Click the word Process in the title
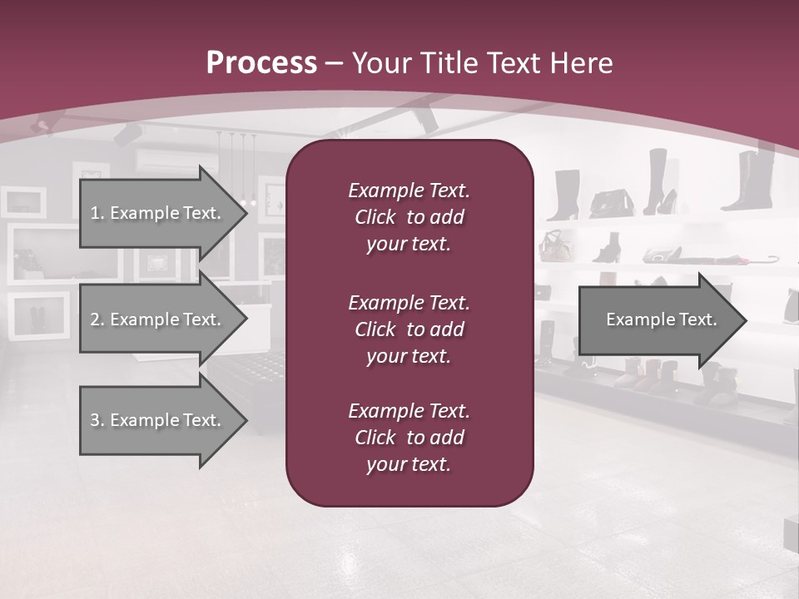(261, 62)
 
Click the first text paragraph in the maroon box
(409, 217)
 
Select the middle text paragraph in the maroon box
(409, 329)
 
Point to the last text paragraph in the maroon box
(409, 438)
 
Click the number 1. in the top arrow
(97, 213)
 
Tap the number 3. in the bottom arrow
(97, 420)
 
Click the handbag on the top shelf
(611, 202)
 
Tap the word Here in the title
(583, 62)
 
